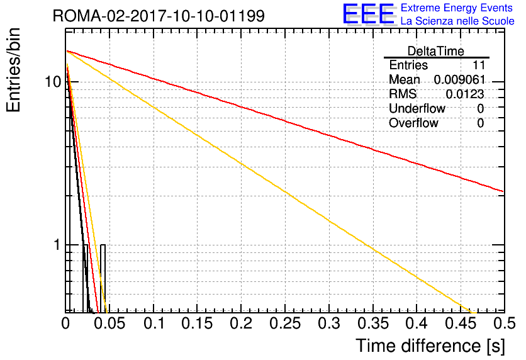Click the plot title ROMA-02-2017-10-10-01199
pos(159,16)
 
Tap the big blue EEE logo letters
pos(369,14)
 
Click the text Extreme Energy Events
pos(457,8)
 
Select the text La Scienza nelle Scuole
pos(457,21)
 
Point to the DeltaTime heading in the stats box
pos(436,51)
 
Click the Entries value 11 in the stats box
pos(479,65)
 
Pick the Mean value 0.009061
pos(459,80)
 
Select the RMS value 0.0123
pos(464,94)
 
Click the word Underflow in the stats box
pos(417,108)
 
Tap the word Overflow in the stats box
pos(413,123)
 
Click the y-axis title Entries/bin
pos(14,70)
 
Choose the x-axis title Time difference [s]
pos(430,346)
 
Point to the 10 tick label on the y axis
pos(53,82)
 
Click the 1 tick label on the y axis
pos(57,245)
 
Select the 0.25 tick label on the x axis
pos(285,323)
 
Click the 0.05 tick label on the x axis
pos(109,323)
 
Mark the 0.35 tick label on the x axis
pos(373,323)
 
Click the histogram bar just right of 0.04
pos(103,278)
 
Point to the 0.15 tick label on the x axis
pos(198,323)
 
